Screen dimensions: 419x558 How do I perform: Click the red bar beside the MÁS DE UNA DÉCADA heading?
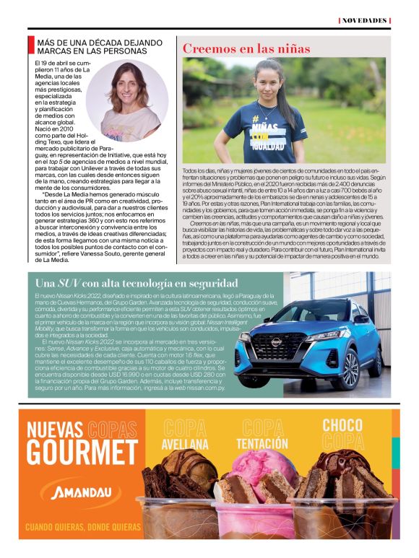[x=31, y=45]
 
